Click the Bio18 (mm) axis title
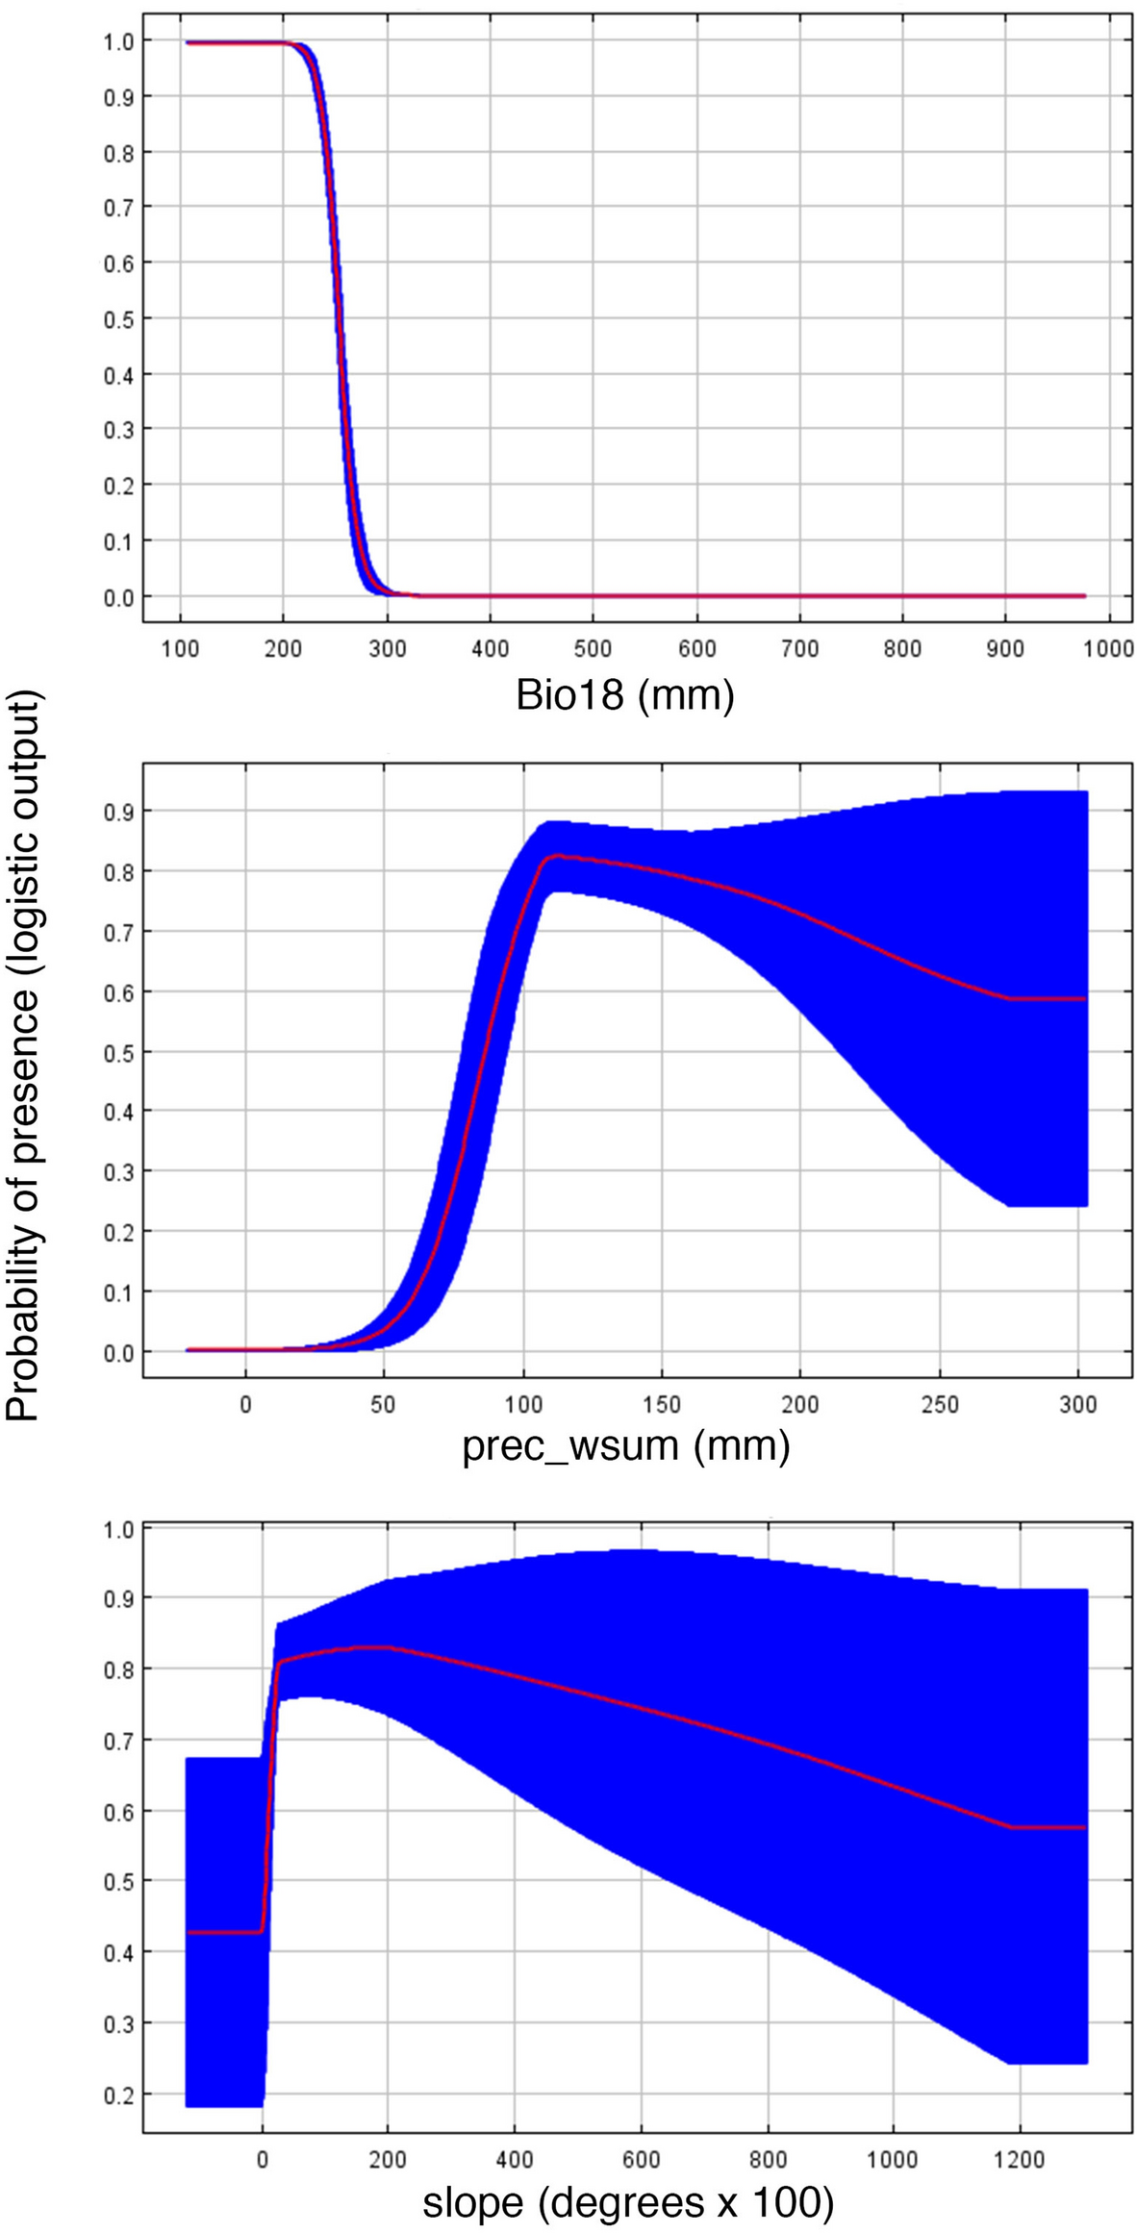624,694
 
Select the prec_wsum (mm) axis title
625,1445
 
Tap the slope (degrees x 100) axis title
627,2198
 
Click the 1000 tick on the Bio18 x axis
1108,649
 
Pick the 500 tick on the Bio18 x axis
593,649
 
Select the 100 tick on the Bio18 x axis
180,649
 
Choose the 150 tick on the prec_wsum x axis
662,1404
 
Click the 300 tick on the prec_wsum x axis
1078,1404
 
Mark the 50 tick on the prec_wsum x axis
384,1404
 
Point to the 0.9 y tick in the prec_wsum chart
118,812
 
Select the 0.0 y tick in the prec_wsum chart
118,1352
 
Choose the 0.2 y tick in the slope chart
118,2095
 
